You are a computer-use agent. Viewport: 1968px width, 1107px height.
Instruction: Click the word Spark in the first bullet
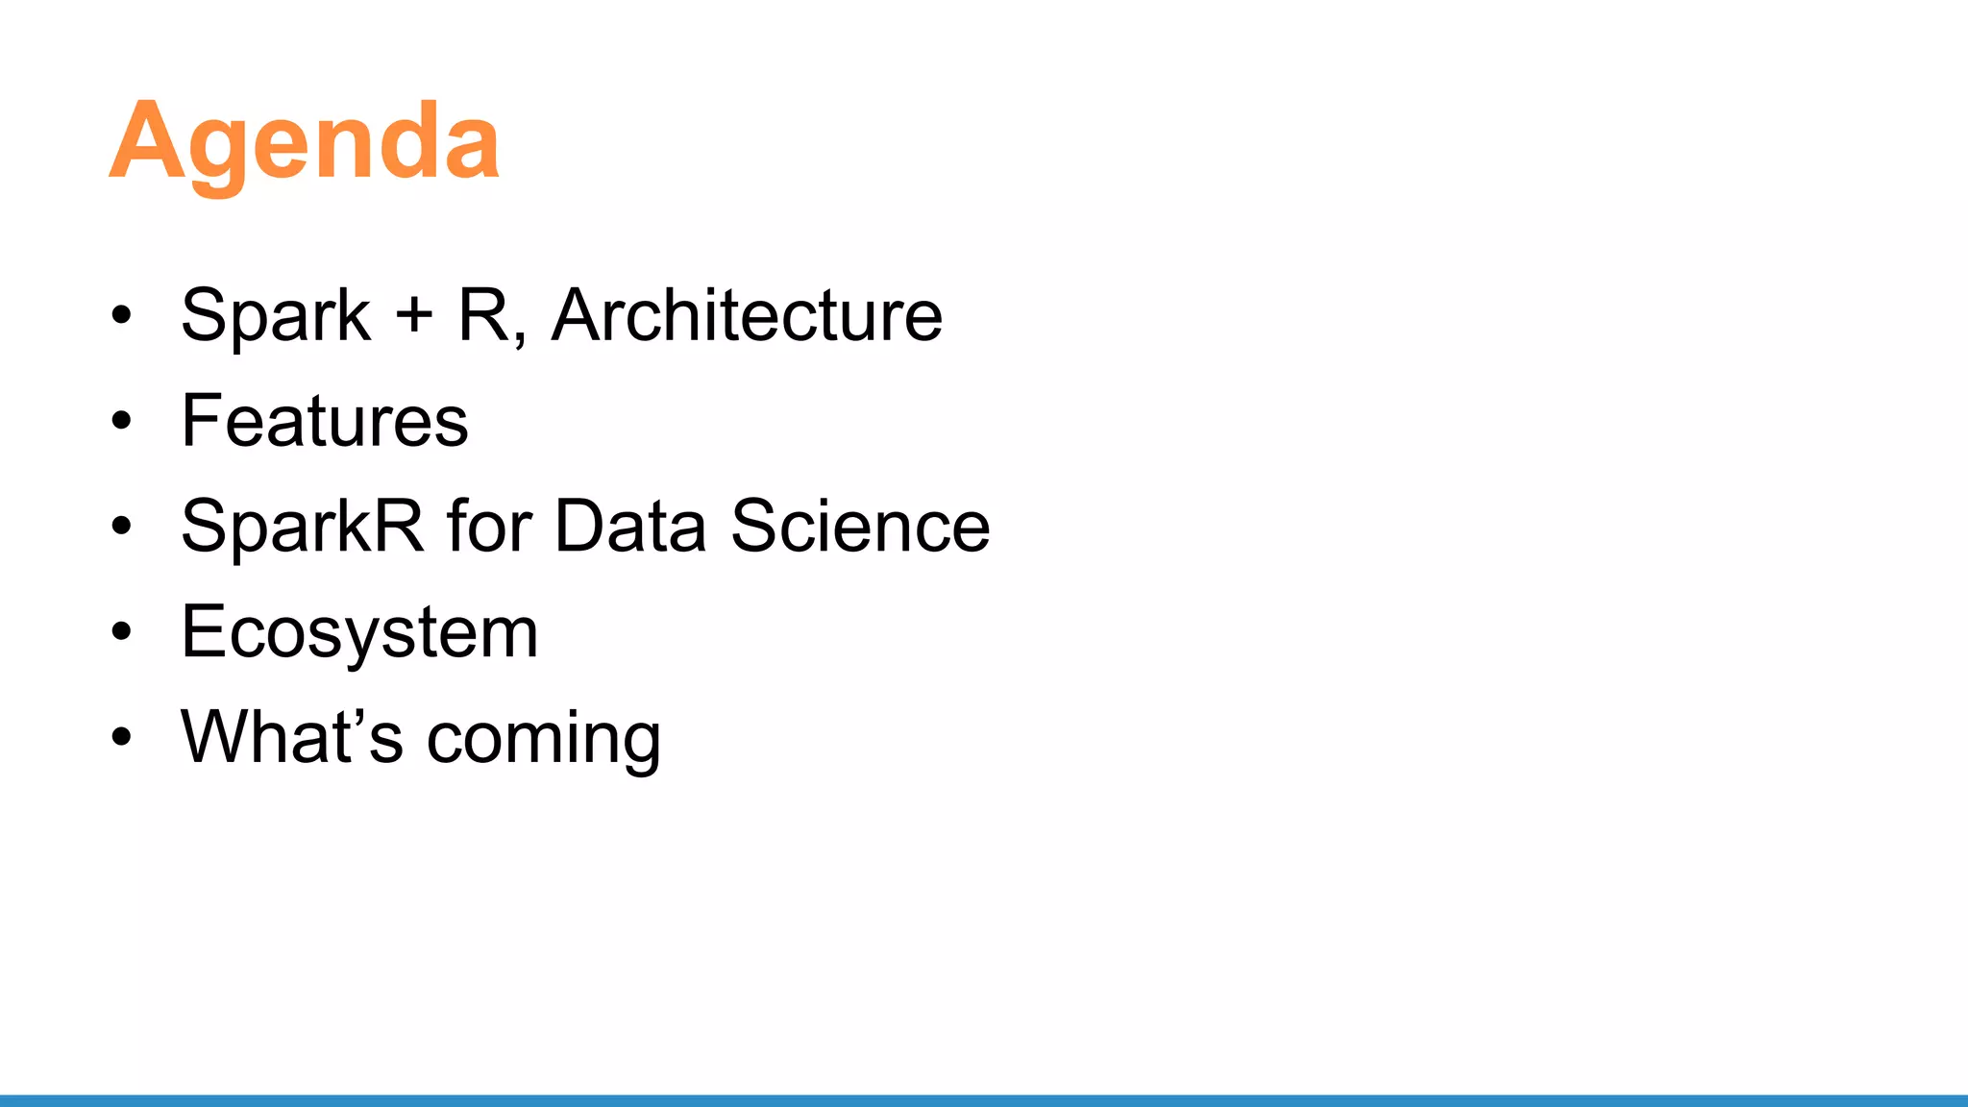[x=276, y=316]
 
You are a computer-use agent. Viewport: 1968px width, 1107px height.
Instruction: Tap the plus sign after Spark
[x=414, y=315]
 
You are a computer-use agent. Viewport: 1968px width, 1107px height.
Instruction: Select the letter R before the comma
[x=482, y=315]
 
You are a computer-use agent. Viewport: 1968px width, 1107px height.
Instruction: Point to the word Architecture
[x=747, y=315]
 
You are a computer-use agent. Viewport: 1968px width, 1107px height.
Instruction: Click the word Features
[x=325, y=421]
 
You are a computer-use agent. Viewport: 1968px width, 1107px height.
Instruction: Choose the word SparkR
[x=302, y=527]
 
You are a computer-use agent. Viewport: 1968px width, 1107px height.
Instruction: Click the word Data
[x=630, y=526]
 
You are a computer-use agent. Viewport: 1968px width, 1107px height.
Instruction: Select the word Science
[x=860, y=526]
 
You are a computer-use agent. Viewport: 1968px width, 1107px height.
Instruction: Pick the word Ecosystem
[x=359, y=633]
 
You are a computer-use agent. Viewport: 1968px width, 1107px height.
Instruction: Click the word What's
[x=292, y=737]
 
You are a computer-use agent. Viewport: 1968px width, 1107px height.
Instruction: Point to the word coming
[x=544, y=739]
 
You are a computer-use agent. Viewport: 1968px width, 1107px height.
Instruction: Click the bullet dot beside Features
[x=121, y=421]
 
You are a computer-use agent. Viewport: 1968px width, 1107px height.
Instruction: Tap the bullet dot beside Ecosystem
[x=121, y=632]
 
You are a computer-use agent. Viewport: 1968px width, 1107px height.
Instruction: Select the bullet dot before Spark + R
[x=121, y=315]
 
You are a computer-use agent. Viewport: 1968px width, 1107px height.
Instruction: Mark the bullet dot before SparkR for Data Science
[x=121, y=527]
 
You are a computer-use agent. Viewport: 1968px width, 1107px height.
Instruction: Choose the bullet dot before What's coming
[x=121, y=737]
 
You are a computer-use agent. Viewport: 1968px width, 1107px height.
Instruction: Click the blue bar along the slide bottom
[x=984, y=1100]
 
